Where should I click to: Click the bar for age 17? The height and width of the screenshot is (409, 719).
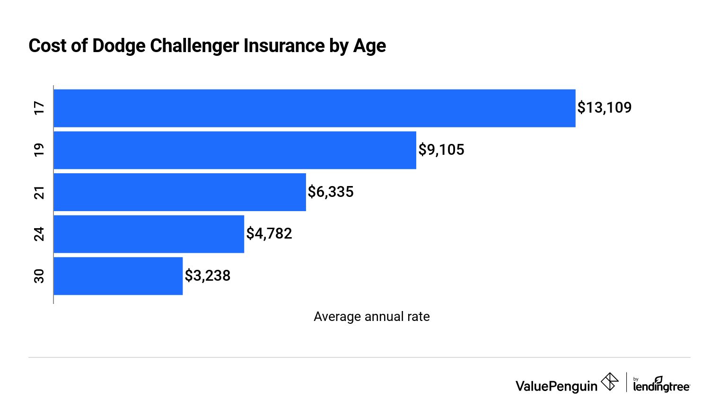tap(315, 108)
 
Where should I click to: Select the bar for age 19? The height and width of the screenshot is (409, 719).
tap(235, 150)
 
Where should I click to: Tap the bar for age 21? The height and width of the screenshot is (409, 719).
tap(180, 192)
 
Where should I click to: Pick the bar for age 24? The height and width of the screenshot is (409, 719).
tap(149, 234)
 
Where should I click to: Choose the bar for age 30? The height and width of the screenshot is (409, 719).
tap(118, 276)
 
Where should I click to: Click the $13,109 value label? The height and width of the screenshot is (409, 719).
tap(604, 108)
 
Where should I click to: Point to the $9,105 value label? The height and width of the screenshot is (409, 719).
tap(441, 150)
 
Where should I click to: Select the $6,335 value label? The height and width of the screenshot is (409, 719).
tap(331, 192)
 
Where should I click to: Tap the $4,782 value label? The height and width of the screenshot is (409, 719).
tap(269, 233)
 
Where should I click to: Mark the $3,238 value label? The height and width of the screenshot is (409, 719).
tap(208, 276)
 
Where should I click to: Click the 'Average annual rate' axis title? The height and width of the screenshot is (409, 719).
tap(371, 317)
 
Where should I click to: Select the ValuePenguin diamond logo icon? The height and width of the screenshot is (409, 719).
tap(610, 382)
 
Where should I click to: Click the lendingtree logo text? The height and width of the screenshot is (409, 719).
tap(661, 385)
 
